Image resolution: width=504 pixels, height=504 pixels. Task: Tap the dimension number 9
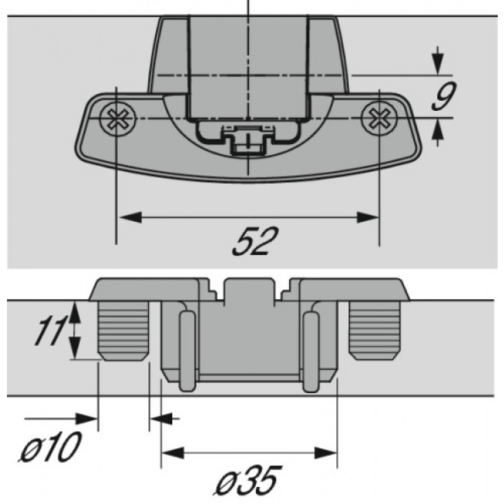(x=442, y=97)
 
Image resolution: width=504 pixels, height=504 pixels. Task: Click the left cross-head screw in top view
(x=117, y=119)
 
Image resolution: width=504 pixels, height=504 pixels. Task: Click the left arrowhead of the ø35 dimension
(x=170, y=452)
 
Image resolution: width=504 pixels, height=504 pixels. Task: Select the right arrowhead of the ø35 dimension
(x=328, y=452)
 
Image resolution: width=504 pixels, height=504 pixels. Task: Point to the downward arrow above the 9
(x=438, y=65)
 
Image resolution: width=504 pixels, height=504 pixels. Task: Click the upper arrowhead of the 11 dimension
(x=74, y=309)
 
